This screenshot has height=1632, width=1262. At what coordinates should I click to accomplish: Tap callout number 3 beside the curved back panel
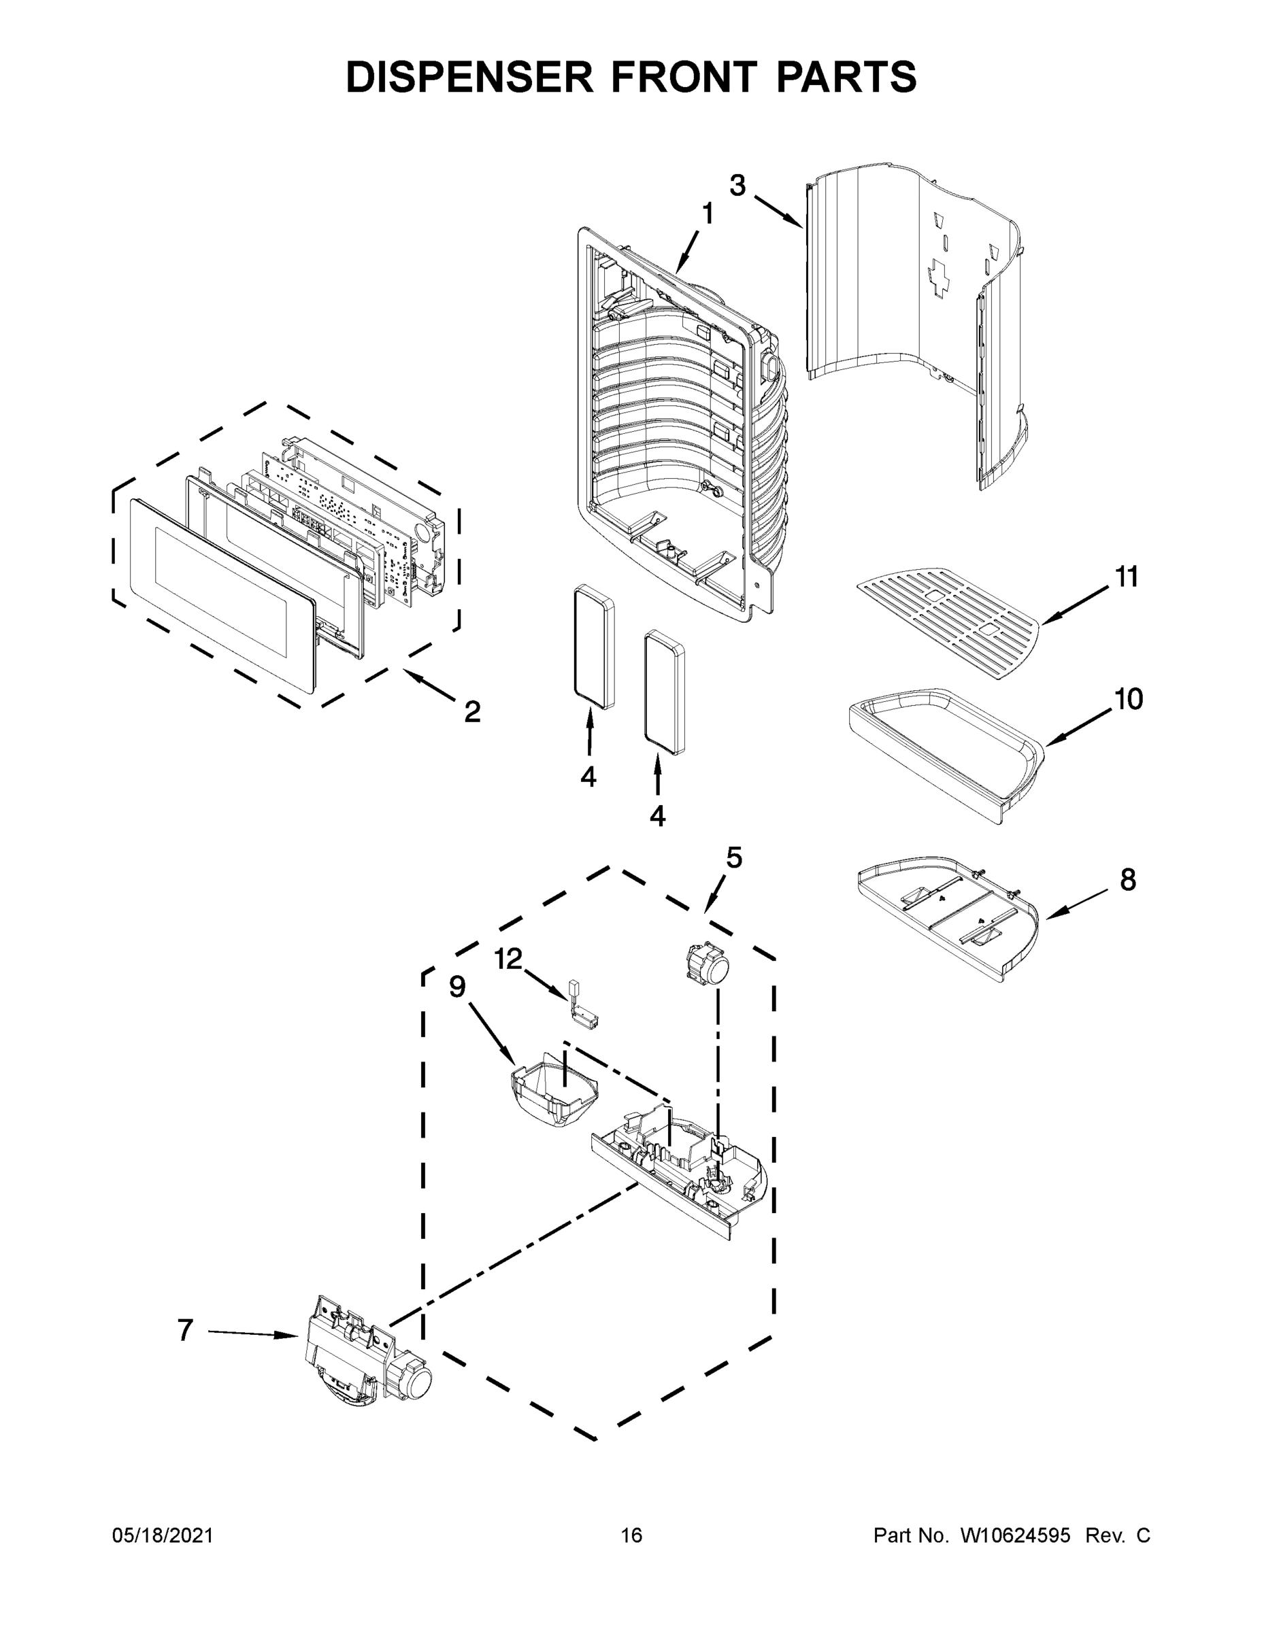(x=737, y=186)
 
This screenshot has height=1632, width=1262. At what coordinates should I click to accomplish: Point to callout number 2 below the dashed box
(x=471, y=712)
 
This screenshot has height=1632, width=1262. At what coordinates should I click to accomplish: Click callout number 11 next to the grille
(x=1127, y=577)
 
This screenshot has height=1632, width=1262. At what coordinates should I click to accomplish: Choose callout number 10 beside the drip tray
(x=1129, y=700)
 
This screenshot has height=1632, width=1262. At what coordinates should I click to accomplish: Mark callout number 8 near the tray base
(x=1128, y=881)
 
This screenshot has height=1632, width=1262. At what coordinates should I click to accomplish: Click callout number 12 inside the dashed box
(x=508, y=959)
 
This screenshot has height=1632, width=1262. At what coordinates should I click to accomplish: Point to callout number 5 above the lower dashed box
(x=734, y=859)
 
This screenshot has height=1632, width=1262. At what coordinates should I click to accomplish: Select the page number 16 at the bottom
(x=632, y=1535)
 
